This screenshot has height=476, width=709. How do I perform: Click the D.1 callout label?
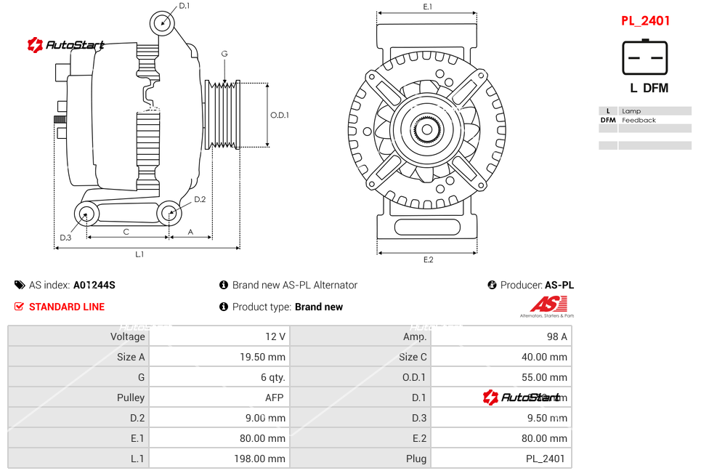click(x=184, y=6)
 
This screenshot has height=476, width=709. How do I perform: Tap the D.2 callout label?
click(x=200, y=199)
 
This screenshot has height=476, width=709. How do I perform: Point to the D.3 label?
click(x=65, y=237)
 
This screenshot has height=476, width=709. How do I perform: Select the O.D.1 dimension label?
click(x=280, y=115)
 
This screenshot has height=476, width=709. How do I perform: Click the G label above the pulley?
click(x=224, y=55)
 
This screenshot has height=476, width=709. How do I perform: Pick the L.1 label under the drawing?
click(x=139, y=254)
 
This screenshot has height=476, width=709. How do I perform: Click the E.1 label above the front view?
click(x=428, y=7)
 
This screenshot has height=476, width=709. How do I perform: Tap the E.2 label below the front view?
click(x=428, y=259)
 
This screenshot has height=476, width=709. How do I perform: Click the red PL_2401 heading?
click(x=645, y=21)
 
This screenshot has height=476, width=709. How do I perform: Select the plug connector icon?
click(x=644, y=57)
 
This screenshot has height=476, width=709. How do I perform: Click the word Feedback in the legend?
click(x=639, y=120)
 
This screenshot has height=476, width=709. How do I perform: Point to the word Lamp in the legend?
click(x=631, y=111)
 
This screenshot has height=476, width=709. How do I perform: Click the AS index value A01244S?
click(x=94, y=285)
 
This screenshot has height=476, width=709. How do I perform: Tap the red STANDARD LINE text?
click(x=67, y=307)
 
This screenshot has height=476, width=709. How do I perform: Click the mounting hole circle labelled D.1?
click(x=163, y=23)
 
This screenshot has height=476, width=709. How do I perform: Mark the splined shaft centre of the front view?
click(x=427, y=132)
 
